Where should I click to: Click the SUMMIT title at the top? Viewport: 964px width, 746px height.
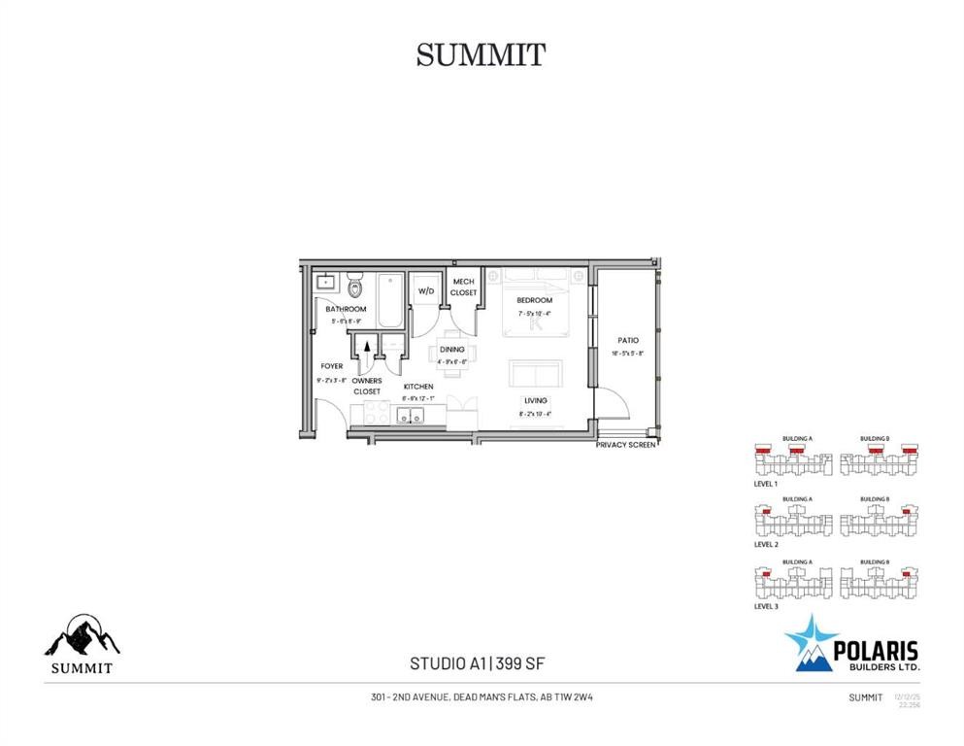click(481, 55)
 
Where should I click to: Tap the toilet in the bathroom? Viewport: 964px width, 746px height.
click(354, 287)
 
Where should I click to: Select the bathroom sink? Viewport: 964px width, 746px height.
click(326, 284)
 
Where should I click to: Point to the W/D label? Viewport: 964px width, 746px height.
click(425, 291)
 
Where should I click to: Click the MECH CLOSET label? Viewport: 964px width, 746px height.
click(463, 288)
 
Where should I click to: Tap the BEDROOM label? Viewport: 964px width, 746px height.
click(534, 300)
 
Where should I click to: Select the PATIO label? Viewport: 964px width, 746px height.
click(628, 341)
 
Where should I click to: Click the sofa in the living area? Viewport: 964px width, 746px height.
click(535, 374)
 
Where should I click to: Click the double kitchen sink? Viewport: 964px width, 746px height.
click(409, 416)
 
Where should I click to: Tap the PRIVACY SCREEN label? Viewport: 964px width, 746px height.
click(626, 444)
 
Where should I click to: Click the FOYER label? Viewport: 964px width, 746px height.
click(331, 366)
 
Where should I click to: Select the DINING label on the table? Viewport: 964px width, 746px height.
click(451, 350)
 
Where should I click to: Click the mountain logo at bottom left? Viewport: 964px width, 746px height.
click(82, 636)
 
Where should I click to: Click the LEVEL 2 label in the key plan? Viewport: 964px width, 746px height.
click(766, 545)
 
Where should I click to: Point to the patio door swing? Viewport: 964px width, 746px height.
click(611, 401)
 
